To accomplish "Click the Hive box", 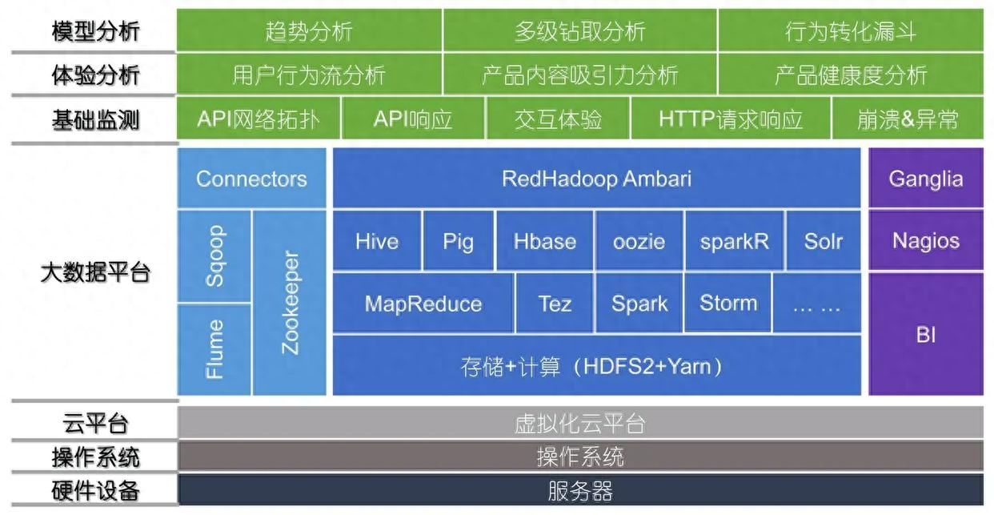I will click(376, 241).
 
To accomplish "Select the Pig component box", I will click(459, 241).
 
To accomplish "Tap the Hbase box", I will click(545, 241).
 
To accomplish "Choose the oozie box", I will click(639, 241).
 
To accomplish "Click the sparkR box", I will click(733, 241).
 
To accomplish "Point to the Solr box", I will click(823, 241).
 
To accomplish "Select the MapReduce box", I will click(423, 304).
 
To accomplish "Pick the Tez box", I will click(555, 304).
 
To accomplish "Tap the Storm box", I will click(727, 304).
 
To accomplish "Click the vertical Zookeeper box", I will click(290, 303).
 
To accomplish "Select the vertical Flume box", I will click(214, 349).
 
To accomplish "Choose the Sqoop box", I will click(214, 256).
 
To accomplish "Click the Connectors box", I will click(251, 178).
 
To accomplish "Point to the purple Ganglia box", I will click(925, 178).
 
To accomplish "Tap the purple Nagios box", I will click(925, 241).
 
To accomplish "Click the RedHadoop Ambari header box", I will click(596, 178).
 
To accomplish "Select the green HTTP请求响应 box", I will click(730, 120).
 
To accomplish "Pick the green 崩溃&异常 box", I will click(908, 120).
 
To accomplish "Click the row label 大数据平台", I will click(95, 272).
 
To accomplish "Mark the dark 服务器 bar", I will click(580, 490).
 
